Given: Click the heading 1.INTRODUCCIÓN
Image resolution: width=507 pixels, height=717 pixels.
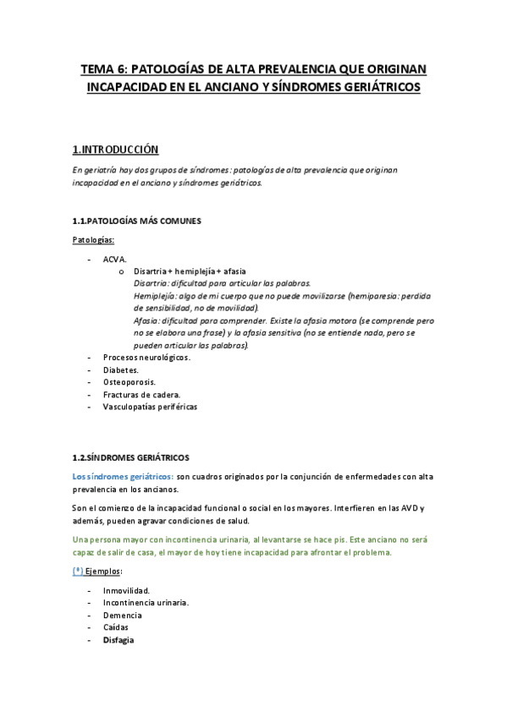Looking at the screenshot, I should (x=115, y=149).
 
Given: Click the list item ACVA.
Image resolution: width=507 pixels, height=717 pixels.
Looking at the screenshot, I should (x=114, y=259).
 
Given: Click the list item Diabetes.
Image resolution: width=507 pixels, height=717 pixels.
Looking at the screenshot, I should (x=121, y=369).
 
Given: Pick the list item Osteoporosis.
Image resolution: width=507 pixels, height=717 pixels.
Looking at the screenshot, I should (x=128, y=382).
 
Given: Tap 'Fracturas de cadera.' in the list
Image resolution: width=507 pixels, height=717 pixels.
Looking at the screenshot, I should (x=141, y=394).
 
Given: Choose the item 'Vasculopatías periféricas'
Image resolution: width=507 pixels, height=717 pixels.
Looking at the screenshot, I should (x=149, y=407).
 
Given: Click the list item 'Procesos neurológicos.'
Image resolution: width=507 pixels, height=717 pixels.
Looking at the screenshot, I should (x=146, y=358).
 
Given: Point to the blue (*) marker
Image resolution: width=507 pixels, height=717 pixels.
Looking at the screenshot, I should (x=78, y=572).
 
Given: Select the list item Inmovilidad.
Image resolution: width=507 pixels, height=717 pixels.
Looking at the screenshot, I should (x=126, y=590).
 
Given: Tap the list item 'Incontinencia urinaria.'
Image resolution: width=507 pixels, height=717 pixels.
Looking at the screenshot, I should (x=146, y=603).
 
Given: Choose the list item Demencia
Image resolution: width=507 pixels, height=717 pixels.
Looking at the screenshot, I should (x=122, y=616).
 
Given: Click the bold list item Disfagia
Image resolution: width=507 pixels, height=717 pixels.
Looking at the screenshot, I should (x=118, y=640).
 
